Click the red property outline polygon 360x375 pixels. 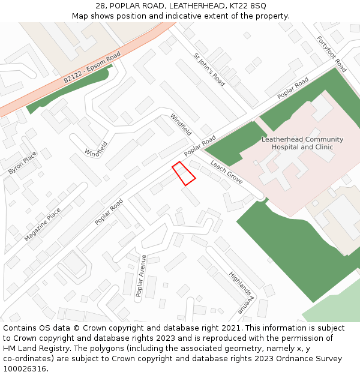coord(184,173)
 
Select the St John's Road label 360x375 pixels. coord(209,70)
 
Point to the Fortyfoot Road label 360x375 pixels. coord(331,54)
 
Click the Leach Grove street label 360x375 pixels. coord(226,172)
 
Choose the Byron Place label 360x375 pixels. coord(23,163)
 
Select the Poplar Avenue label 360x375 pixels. coord(141,275)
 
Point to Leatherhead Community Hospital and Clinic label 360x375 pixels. coord(302,143)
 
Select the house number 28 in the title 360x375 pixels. coord(100,6)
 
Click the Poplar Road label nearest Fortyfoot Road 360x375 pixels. coord(293,88)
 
